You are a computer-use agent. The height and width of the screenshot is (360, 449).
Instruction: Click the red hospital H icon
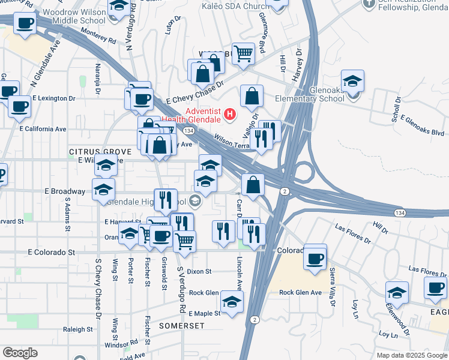229,113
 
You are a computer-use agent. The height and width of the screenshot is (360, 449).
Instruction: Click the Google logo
20,353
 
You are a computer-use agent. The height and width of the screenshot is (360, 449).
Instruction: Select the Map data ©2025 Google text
411,355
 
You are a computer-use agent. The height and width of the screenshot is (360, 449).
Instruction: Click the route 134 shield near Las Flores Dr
399,213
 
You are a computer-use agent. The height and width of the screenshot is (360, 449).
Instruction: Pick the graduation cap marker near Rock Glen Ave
232,301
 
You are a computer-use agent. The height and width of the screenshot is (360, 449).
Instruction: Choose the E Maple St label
204,313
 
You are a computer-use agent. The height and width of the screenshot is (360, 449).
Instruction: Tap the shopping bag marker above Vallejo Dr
252,96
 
